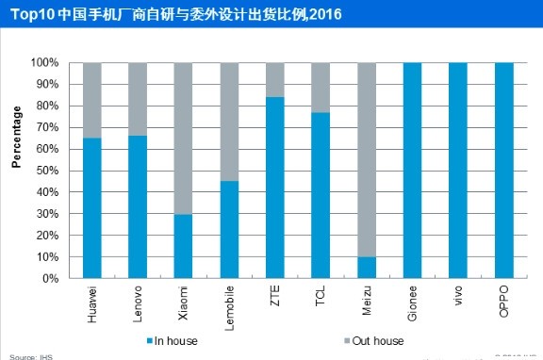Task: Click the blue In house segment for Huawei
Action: (91, 208)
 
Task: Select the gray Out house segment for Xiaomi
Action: (184, 139)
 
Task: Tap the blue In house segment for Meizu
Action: (367, 268)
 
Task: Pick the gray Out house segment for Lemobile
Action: (229, 122)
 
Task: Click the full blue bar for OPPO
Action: (504, 171)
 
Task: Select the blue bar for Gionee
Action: (413, 171)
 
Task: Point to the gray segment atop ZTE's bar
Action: (275, 80)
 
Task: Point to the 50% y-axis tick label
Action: (48, 171)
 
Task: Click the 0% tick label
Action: (51, 279)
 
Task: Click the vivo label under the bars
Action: (459, 298)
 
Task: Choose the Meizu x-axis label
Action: (368, 301)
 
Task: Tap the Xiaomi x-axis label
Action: (184, 303)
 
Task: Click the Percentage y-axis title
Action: (16, 138)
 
